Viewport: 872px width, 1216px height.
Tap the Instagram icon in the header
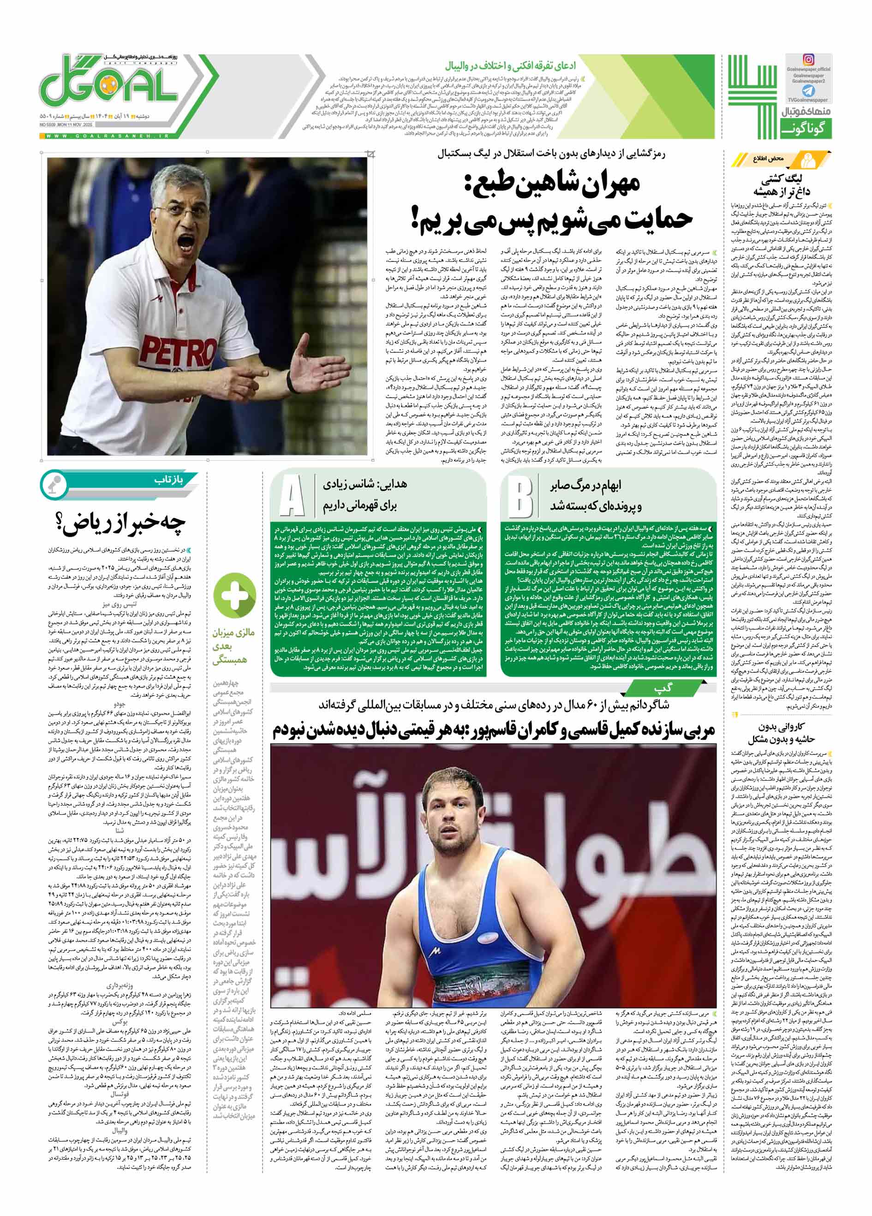coord(808,60)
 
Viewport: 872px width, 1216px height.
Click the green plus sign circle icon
coord(234,593)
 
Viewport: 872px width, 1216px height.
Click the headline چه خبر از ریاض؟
coord(121,525)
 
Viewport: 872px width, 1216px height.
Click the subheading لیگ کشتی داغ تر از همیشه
coord(784,185)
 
